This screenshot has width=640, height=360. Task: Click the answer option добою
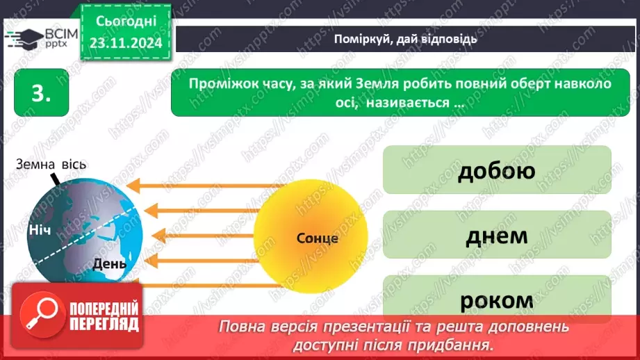[x=497, y=170]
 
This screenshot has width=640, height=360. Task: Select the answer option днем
[x=497, y=235]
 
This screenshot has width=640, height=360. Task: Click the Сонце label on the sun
[x=317, y=238]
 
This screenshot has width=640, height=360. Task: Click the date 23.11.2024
[x=125, y=42]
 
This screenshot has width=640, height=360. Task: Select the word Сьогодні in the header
[x=125, y=22]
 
